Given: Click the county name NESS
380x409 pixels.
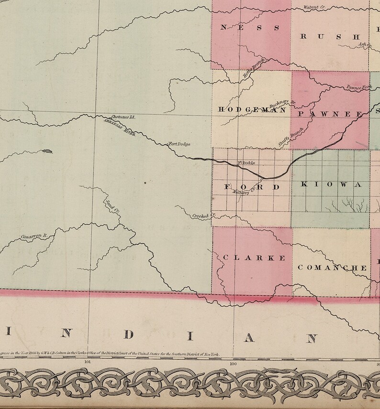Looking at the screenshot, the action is (249, 28).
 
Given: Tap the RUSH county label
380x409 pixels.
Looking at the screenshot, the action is (330, 36).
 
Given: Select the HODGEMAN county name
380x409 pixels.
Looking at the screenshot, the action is (252, 110).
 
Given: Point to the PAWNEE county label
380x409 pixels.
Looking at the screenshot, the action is (331, 114).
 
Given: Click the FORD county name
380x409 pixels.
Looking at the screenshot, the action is (252, 187).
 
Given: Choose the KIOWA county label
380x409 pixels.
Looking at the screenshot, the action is (330, 184).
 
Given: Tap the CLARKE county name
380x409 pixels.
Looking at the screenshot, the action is (254, 258).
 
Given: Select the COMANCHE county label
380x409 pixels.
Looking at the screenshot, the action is (332, 268).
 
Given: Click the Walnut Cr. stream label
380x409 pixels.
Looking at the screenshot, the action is (314, 8).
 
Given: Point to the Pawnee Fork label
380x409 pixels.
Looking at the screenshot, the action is (359, 87).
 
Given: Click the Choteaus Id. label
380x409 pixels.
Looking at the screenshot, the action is (123, 117).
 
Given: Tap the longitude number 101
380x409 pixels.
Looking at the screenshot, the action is (87, 362).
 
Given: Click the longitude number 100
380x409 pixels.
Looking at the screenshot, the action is (233, 362).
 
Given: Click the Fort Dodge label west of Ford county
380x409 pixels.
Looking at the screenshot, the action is (180, 144).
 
